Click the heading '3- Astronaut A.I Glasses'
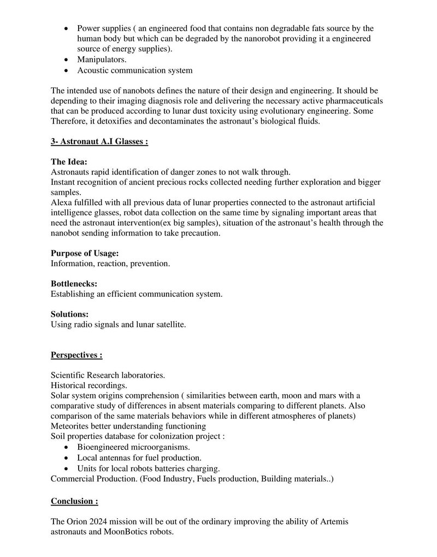tap(99, 141)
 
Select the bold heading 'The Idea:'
tap(69, 162)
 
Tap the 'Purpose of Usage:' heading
tap(85, 254)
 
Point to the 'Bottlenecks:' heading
tap(74, 284)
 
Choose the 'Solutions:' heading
tap(70, 315)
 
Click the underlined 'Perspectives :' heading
tap(76, 355)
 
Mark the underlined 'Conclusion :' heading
tap(75, 501)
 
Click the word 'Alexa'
tap(61, 202)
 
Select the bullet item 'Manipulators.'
tap(102, 60)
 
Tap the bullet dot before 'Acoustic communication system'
tap(67, 71)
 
